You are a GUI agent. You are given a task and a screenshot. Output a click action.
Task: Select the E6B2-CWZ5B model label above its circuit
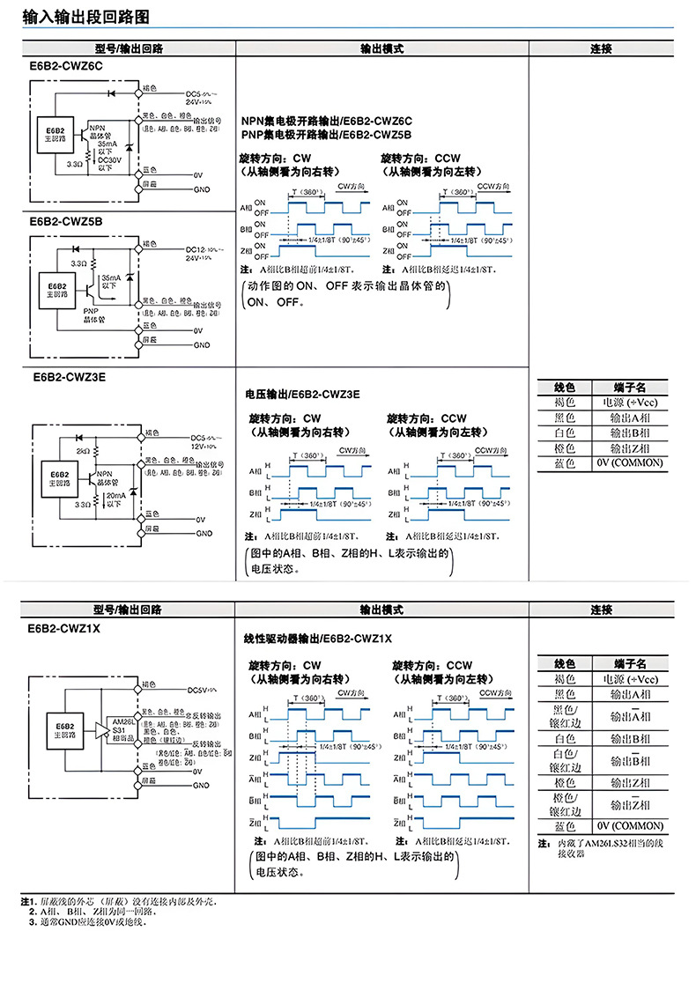pos(67,222)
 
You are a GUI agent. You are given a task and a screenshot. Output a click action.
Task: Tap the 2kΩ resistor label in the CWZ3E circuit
pos(83,450)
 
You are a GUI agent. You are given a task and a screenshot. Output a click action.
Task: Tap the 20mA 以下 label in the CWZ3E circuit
pos(115,499)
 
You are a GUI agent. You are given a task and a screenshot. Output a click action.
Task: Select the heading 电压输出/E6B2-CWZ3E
pos(302,393)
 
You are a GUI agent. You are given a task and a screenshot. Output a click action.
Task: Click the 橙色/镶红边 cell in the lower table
pos(563,804)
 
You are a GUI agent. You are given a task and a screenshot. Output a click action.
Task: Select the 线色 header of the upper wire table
pos(564,387)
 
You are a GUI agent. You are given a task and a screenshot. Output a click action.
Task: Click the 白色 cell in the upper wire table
pos(564,432)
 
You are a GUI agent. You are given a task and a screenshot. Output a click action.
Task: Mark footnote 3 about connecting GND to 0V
pos(87,922)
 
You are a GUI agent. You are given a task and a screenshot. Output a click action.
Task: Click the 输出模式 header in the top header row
pos(381,49)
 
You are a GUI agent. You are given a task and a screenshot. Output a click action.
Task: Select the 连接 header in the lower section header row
pos(601,610)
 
